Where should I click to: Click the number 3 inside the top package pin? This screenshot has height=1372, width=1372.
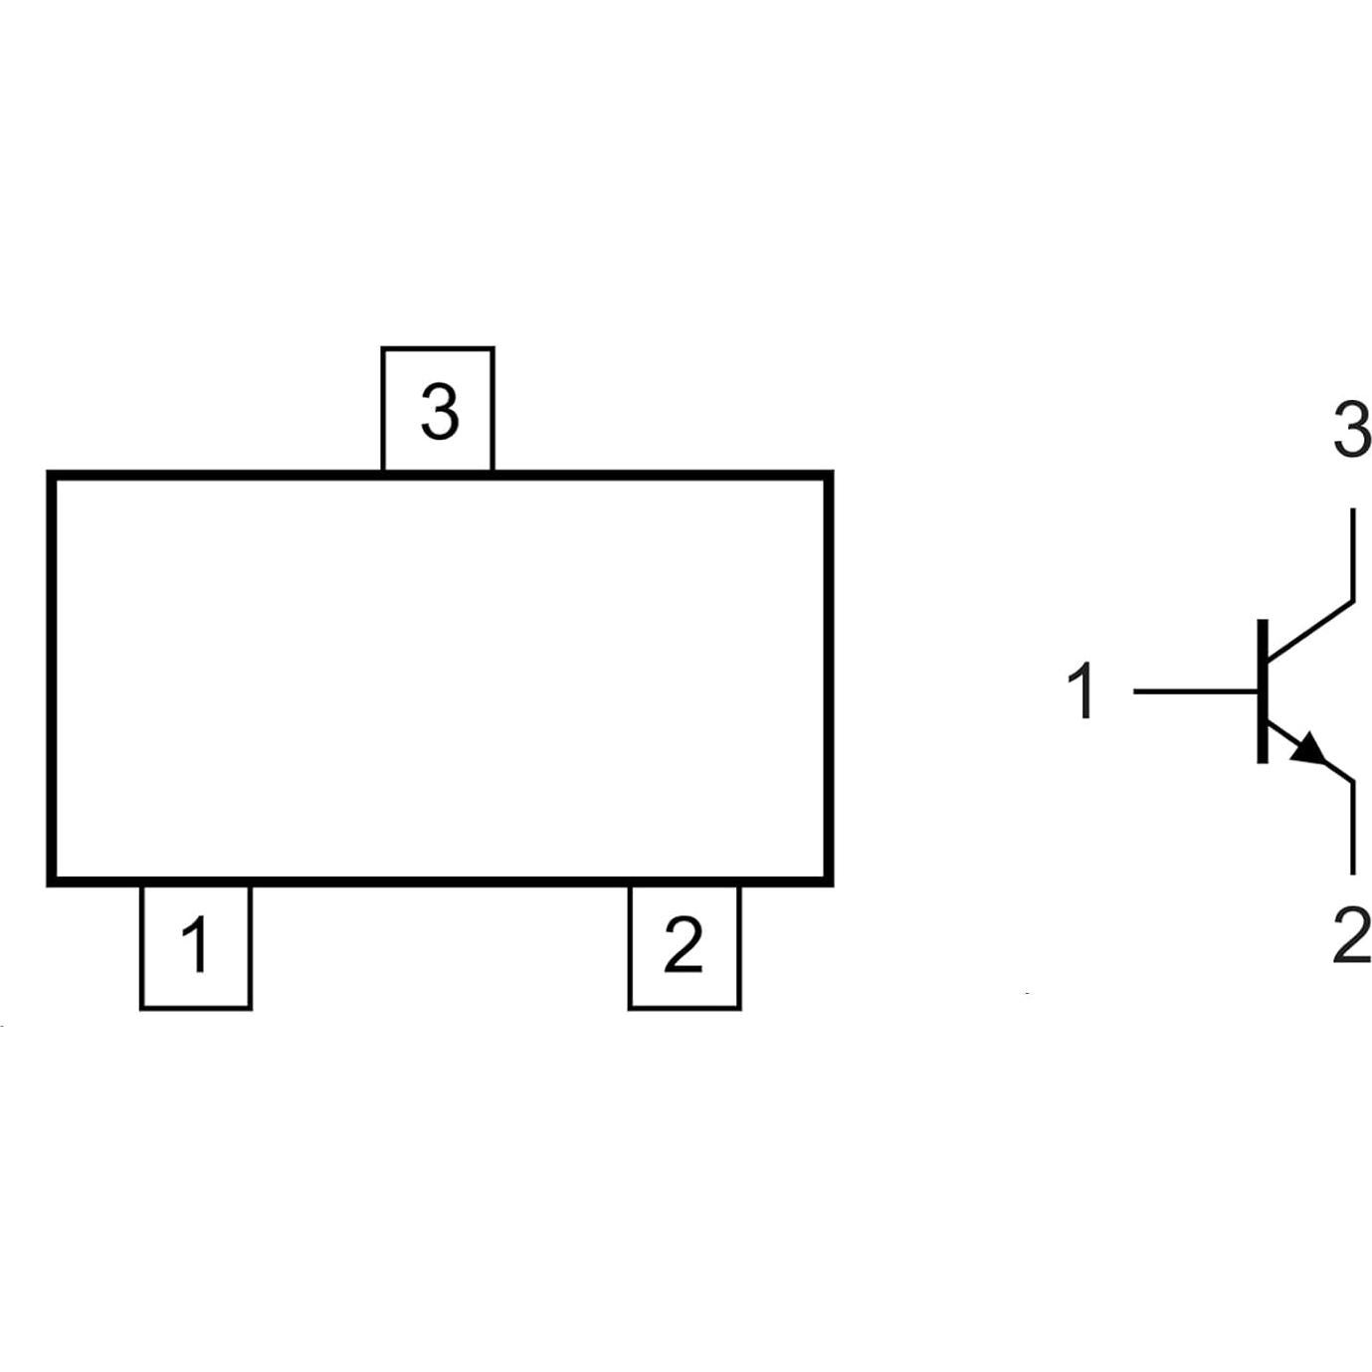439,412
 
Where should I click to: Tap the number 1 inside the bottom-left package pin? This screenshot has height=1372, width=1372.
196,945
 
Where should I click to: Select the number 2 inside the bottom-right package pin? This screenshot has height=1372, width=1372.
684,945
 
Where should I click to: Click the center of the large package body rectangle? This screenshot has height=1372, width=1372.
440,679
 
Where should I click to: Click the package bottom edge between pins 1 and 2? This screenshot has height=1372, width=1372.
440,882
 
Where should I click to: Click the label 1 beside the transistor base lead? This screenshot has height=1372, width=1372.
1082,691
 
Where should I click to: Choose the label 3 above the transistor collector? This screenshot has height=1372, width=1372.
1351,432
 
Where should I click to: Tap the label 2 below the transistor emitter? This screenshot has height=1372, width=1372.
1351,938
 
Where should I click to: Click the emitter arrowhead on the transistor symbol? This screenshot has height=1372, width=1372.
1310,751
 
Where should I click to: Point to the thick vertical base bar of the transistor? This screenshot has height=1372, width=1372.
1263,690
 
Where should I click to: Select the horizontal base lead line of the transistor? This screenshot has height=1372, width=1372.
1194,690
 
